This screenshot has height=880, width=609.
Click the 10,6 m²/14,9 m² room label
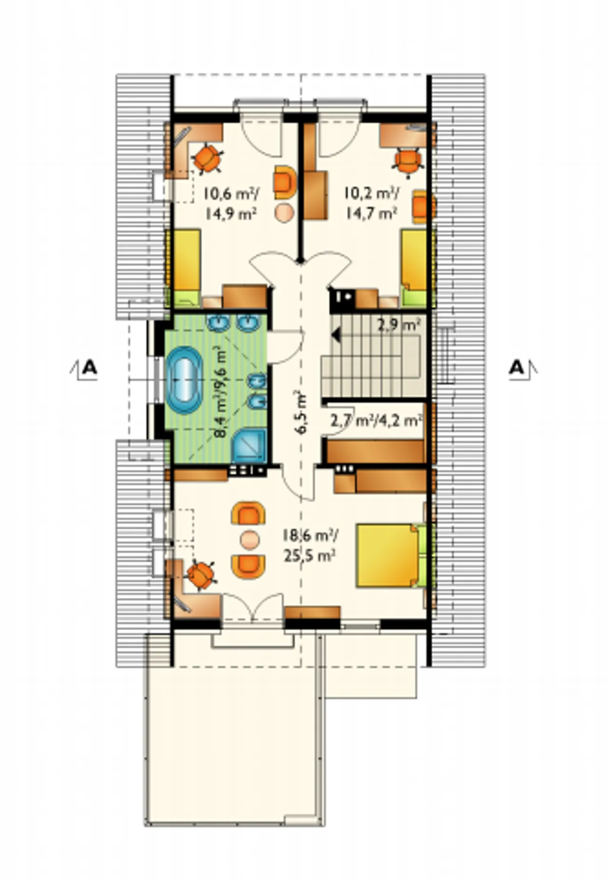231,203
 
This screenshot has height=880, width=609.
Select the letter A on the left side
89,367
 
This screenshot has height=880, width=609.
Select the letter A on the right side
516,367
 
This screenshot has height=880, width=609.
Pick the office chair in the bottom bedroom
201,576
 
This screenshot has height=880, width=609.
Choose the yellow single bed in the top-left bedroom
186,267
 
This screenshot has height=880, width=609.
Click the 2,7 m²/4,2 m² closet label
376,421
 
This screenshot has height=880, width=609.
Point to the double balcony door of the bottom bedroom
254,608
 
